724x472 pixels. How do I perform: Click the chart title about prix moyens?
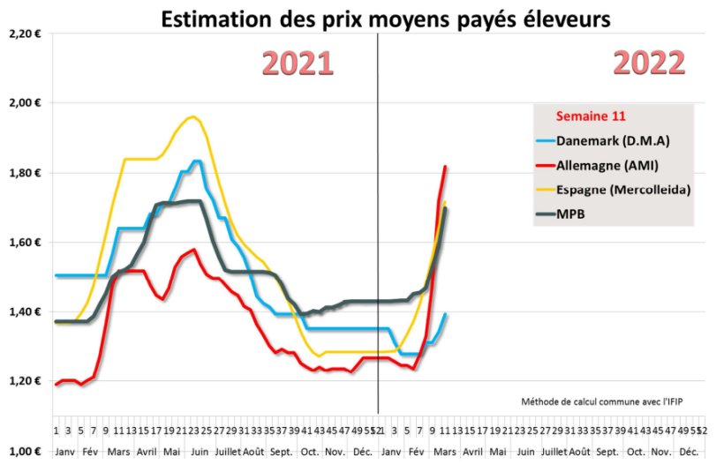(385, 19)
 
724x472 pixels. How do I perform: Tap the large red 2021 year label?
(298, 64)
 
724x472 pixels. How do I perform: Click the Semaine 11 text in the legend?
(590, 116)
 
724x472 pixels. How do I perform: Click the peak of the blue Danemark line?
(196, 161)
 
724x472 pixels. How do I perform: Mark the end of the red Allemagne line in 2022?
(445, 167)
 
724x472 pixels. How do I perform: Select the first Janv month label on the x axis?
(64, 451)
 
